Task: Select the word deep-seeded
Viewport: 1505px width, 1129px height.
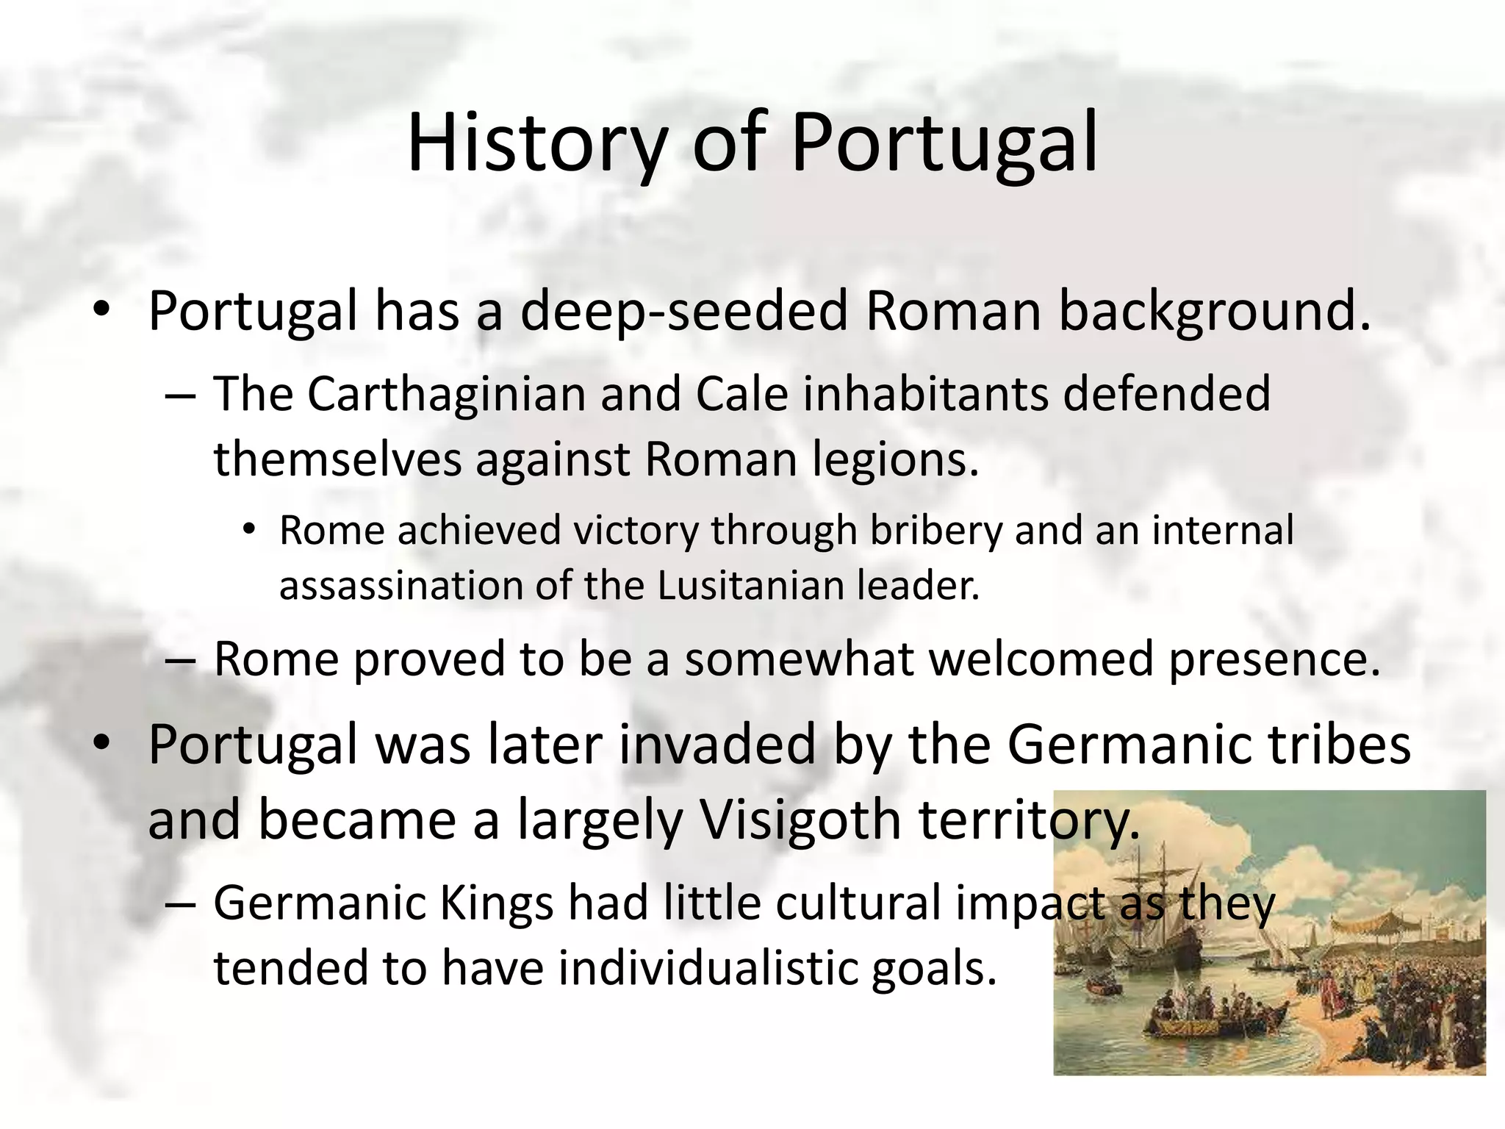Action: [x=684, y=312]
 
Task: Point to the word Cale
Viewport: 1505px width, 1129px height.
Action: [x=741, y=394]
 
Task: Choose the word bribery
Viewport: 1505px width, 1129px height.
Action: [x=936, y=531]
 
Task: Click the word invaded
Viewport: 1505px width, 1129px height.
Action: [x=716, y=745]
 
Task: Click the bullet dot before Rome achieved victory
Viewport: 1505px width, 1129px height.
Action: [x=250, y=529]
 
